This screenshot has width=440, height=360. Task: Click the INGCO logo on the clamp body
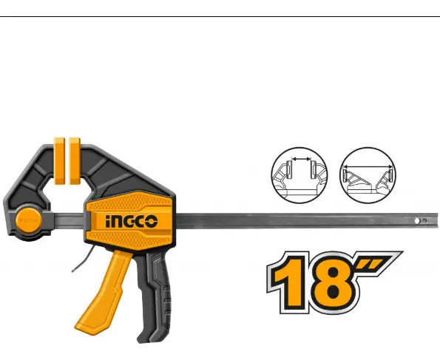132,221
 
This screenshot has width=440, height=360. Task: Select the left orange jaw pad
59,160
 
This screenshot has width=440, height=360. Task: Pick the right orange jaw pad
75,160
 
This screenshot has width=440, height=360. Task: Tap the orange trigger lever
103,293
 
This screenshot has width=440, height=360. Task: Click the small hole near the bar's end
417,221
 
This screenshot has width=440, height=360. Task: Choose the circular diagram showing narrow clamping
299,175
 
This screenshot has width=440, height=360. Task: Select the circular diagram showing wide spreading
368,175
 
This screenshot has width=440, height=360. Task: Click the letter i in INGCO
108,222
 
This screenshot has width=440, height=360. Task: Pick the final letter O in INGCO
152,222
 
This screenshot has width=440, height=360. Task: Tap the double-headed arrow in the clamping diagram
302,159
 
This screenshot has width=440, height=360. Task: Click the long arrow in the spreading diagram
368,166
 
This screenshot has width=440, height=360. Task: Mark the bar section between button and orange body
69,221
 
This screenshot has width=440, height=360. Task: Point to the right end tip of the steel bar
437,221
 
